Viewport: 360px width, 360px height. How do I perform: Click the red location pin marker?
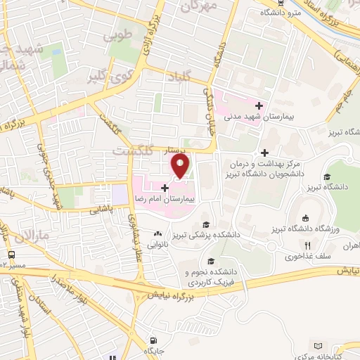(x=181, y=165)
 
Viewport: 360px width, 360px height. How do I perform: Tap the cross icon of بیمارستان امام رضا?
(x=165, y=188)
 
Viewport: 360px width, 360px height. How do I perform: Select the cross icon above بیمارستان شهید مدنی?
(x=259, y=105)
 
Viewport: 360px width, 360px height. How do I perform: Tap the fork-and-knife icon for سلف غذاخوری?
(x=307, y=245)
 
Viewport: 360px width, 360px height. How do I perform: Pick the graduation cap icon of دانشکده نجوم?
(x=210, y=262)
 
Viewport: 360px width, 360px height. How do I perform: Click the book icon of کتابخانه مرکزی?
(x=320, y=346)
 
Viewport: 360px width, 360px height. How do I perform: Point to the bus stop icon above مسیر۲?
(x=11, y=255)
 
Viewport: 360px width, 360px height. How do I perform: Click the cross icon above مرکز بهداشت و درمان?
(x=264, y=153)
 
